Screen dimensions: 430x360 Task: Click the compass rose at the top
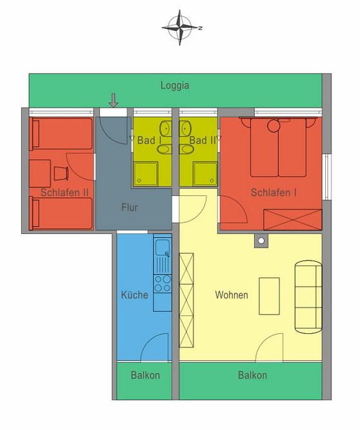click(x=181, y=27)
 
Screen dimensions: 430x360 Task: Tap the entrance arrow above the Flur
click(x=114, y=100)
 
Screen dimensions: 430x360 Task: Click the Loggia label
click(x=175, y=84)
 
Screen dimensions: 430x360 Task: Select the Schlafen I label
click(x=274, y=191)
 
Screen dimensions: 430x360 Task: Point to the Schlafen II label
click(x=64, y=191)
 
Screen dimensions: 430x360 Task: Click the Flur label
click(x=130, y=208)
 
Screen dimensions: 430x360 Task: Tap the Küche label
click(x=135, y=295)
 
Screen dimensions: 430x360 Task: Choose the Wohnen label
click(x=232, y=295)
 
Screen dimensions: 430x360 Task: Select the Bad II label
click(x=203, y=140)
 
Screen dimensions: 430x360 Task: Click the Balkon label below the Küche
click(x=145, y=375)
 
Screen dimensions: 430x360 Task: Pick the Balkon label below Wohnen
click(x=252, y=375)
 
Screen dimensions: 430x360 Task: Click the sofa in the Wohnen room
click(x=308, y=295)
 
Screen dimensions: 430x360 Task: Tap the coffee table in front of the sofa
click(x=269, y=295)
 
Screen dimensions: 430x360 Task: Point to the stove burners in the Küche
click(x=161, y=282)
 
